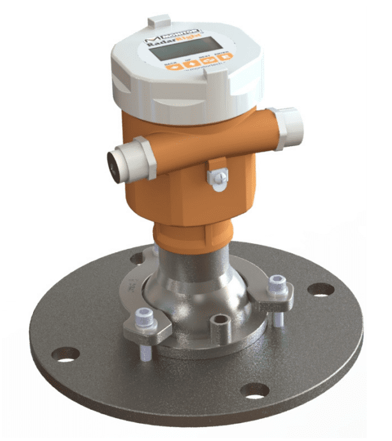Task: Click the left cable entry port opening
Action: pos(115,164)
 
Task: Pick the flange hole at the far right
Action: pos(320,288)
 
